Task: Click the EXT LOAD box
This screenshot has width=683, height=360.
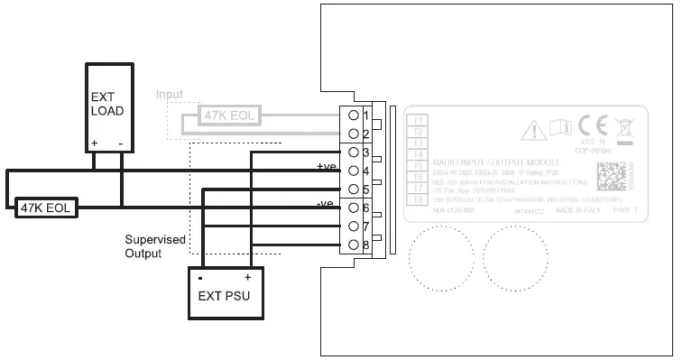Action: point(108,107)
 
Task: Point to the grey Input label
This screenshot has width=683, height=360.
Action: point(169,94)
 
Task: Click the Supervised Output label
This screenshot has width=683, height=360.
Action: point(155,246)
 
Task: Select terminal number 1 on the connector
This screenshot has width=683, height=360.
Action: point(365,115)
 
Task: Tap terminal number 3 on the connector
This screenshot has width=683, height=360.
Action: point(365,152)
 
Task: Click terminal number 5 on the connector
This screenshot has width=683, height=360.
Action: point(365,189)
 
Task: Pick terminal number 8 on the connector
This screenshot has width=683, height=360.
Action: point(365,245)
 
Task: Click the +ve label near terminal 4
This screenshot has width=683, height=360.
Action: point(326,167)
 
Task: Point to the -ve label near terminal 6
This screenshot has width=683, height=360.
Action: point(326,205)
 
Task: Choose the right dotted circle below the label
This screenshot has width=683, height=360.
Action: point(511,258)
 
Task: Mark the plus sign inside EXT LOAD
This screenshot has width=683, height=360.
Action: point(94,143)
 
